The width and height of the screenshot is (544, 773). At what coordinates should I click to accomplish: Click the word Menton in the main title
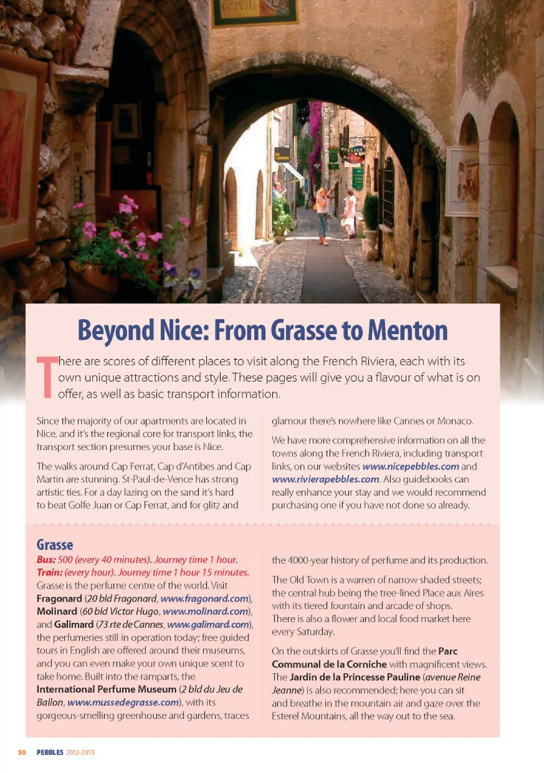pyautogui.click(x=407, y=330)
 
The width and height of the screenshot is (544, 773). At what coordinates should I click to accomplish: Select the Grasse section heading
pyautogui.click(x=55, y=545)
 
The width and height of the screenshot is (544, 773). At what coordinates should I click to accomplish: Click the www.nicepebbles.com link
pyautogui.click(x=411, y=466)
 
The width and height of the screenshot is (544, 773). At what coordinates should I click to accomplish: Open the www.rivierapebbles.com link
pyautogui.click(x=325, y=479)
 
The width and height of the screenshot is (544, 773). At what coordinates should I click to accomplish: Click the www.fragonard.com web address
pyautogui.click(x=205, y=598)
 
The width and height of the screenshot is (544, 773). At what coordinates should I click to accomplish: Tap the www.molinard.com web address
pyautogui.click(x=206, y=611)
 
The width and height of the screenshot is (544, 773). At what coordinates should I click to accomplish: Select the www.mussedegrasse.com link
pyautogui.click(x=123, y=703)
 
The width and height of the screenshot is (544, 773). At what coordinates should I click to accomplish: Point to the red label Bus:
pyautogui.click(x=46, y=560)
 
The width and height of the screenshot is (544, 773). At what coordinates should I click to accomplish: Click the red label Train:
pyautogui.click(x=49, y=573)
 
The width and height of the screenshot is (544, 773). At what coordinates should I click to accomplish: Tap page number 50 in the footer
pyautogui.click(x=22, y=753)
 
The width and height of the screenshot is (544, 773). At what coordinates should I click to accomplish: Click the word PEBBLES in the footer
pyautogui.click(x=50, y=753)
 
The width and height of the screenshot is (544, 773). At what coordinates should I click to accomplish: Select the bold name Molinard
pyautogui.click(x=57, y=611)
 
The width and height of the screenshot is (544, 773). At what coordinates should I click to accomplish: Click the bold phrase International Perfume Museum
pyautogui.click(x=107, y=690)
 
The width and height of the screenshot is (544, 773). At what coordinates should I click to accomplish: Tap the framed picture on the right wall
pyautogui.click(x=463, y=181)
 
